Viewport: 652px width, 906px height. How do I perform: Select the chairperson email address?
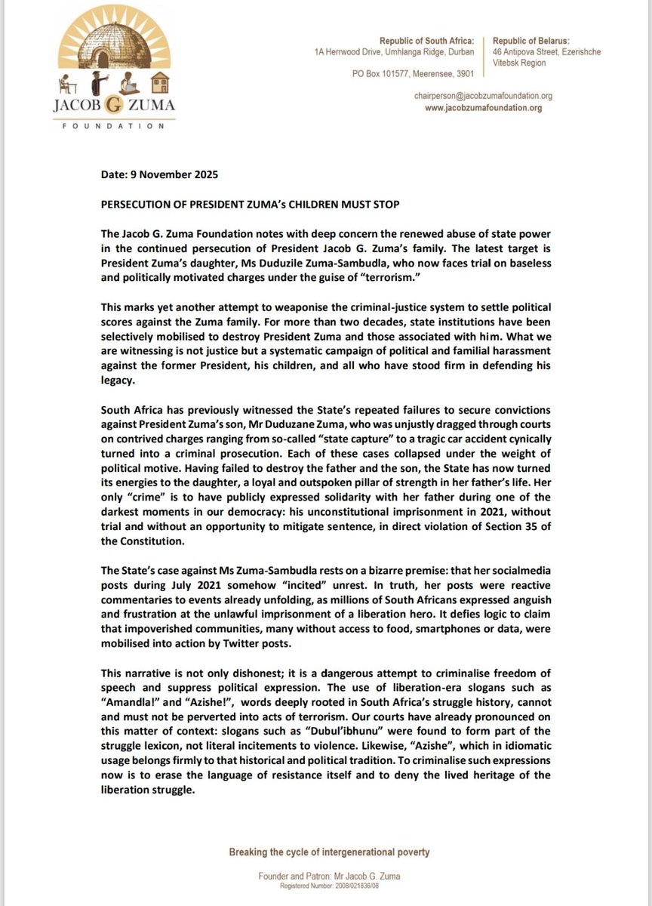point(483,96)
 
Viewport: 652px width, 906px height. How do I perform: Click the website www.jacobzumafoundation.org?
point(484,108)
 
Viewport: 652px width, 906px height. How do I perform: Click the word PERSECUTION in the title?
point(137,205)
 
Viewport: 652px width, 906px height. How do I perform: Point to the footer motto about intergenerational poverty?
point(329,852)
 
